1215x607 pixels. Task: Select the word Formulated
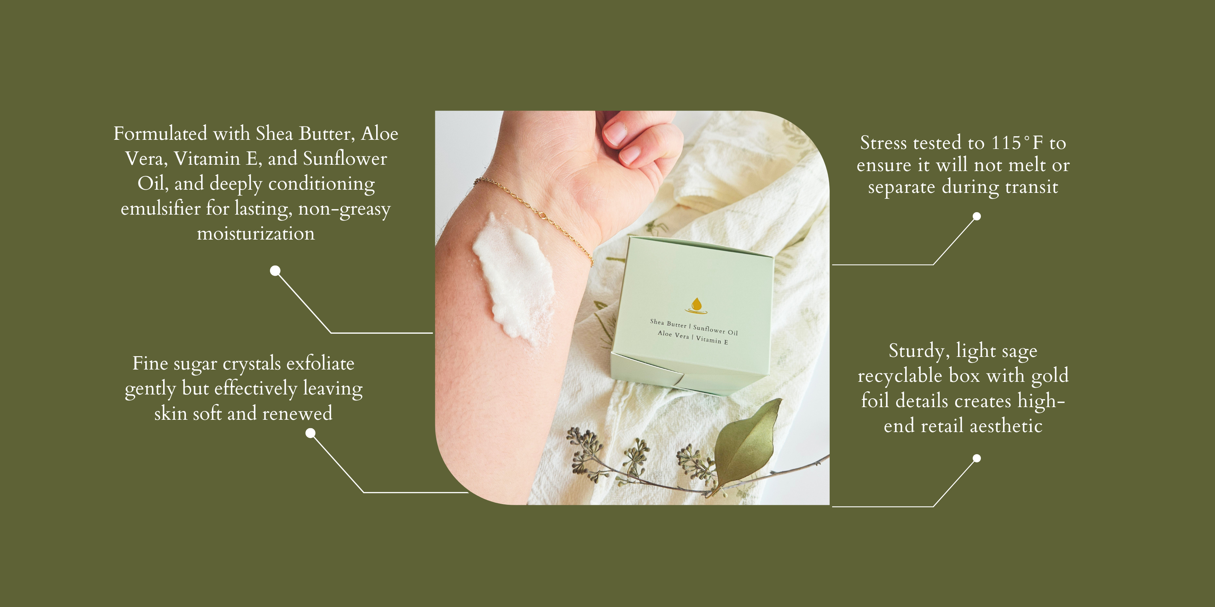point(160,133)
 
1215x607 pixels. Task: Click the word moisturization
point(256,233)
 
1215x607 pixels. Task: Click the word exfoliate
point(320,363)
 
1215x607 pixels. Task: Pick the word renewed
point(297,413)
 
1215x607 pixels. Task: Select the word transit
point(1031,187)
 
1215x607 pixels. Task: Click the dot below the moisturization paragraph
point(275,270)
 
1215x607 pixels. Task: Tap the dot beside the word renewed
point(310,433)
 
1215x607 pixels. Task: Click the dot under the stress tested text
point(977,216)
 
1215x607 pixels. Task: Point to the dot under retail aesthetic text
point(977,458)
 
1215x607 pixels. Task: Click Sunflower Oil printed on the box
point(715,330)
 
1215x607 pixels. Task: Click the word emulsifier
point(160,208)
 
